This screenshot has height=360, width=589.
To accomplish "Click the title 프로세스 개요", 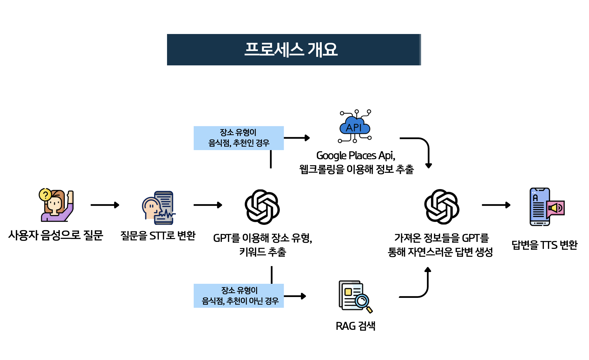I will click(291, 50).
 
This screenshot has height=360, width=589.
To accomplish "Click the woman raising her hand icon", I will click(57, 205).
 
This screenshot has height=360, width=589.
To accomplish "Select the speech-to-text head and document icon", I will click(159, 208).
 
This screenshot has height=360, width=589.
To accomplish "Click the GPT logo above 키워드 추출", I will click(262, 207).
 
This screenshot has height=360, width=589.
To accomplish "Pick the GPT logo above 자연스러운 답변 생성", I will click(442, 207).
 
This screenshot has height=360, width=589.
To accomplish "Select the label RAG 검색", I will click(355, 326).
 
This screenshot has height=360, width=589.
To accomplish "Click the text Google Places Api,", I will click(356, 155).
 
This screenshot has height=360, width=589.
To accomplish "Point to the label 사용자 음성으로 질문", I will click(56, 235).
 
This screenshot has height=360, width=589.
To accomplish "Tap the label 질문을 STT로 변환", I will click(158, 235).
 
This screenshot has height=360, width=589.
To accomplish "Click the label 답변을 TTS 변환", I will click(544, 245).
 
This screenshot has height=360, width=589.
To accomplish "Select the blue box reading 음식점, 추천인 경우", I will click(239, 138).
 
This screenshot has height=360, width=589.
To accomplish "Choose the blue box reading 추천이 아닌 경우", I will click(239, 296).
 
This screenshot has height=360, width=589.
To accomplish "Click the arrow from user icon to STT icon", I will click(105, 205).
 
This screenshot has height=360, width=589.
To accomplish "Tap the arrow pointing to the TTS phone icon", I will click(496, 205).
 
